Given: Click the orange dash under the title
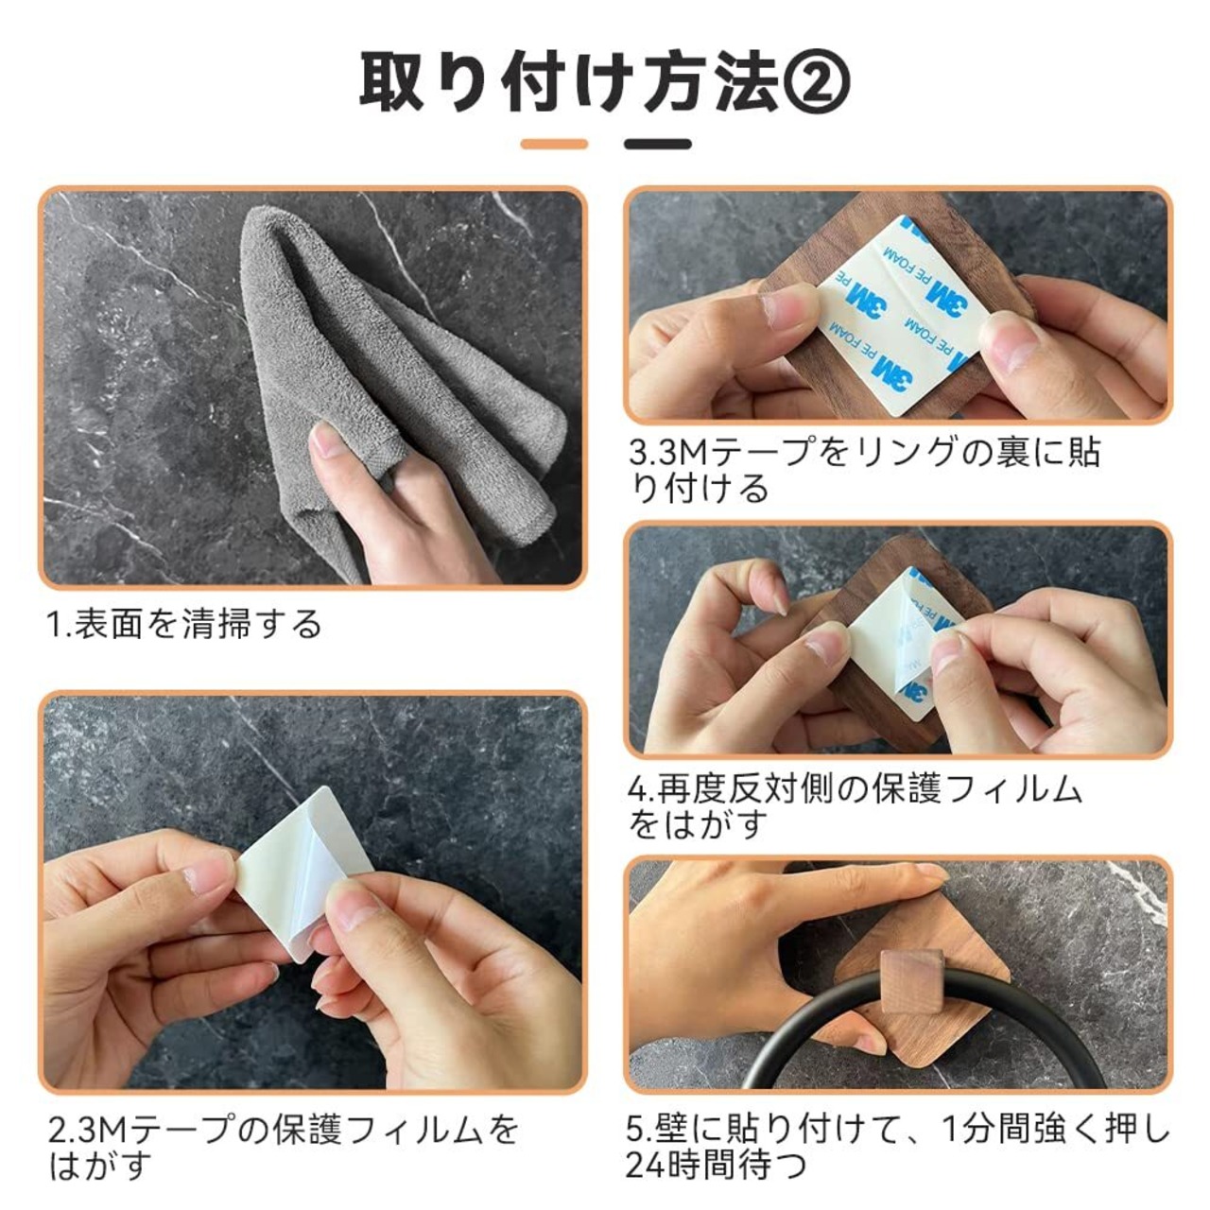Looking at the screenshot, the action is click(x=554, y=144).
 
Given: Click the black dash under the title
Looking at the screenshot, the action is click(x=657, y=144).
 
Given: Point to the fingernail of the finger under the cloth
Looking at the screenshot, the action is click(x=326, y=439).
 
